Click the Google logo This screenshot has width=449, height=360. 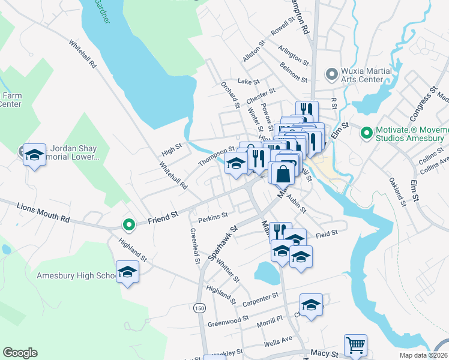[x=20, y=353]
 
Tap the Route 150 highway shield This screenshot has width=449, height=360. [x=198, y=308]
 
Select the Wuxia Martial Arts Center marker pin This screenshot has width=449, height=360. [x=331, y=74]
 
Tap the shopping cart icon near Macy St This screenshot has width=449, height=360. [x=355, y=345]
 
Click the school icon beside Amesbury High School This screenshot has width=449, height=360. [x=127, y=272]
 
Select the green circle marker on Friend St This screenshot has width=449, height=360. [x=128, y=225]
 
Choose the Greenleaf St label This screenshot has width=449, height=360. [x=194, y=246]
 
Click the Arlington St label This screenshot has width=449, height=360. [x=294, y=55]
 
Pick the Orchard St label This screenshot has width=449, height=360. [x=230, y=95]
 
